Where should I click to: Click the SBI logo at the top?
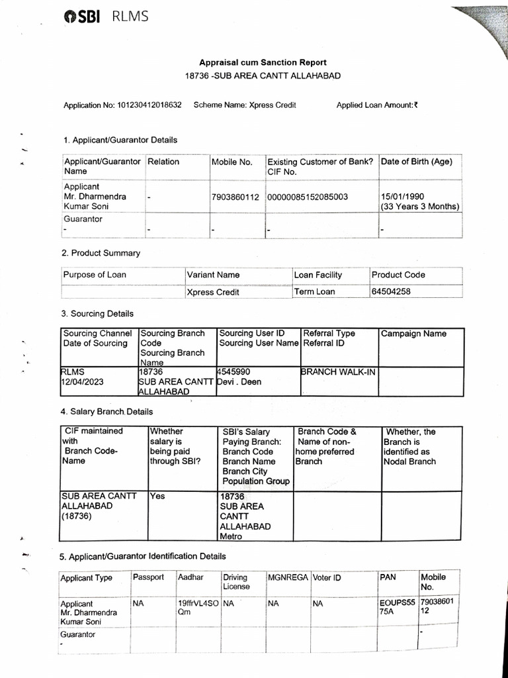[x=81, y=17]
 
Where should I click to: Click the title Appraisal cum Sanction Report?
[x=263, y=63]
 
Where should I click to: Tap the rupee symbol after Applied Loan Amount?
[x=416, y=105]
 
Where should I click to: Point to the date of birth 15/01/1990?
[x=403, y=197]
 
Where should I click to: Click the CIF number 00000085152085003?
[x=308, y=197]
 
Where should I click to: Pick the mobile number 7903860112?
[x=235, y=197]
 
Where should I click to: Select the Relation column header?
[x=163, y=162]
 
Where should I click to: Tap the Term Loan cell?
[x=315, y=291]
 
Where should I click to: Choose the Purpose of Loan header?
[x=95, y=275]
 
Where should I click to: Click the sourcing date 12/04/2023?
[x=85, y=382]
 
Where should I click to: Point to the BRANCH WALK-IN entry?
[x=338, y=372]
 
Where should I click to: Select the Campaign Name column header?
[x=413, y=334]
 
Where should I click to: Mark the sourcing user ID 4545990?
[x=234, y=372]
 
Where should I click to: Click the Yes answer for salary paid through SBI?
[x=157, y=495]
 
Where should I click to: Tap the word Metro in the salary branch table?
[x=231, y=536]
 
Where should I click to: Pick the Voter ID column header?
[x=327, y=577]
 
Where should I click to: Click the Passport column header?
[x=148, y=577]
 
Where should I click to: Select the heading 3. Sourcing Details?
[x=97, y=314]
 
